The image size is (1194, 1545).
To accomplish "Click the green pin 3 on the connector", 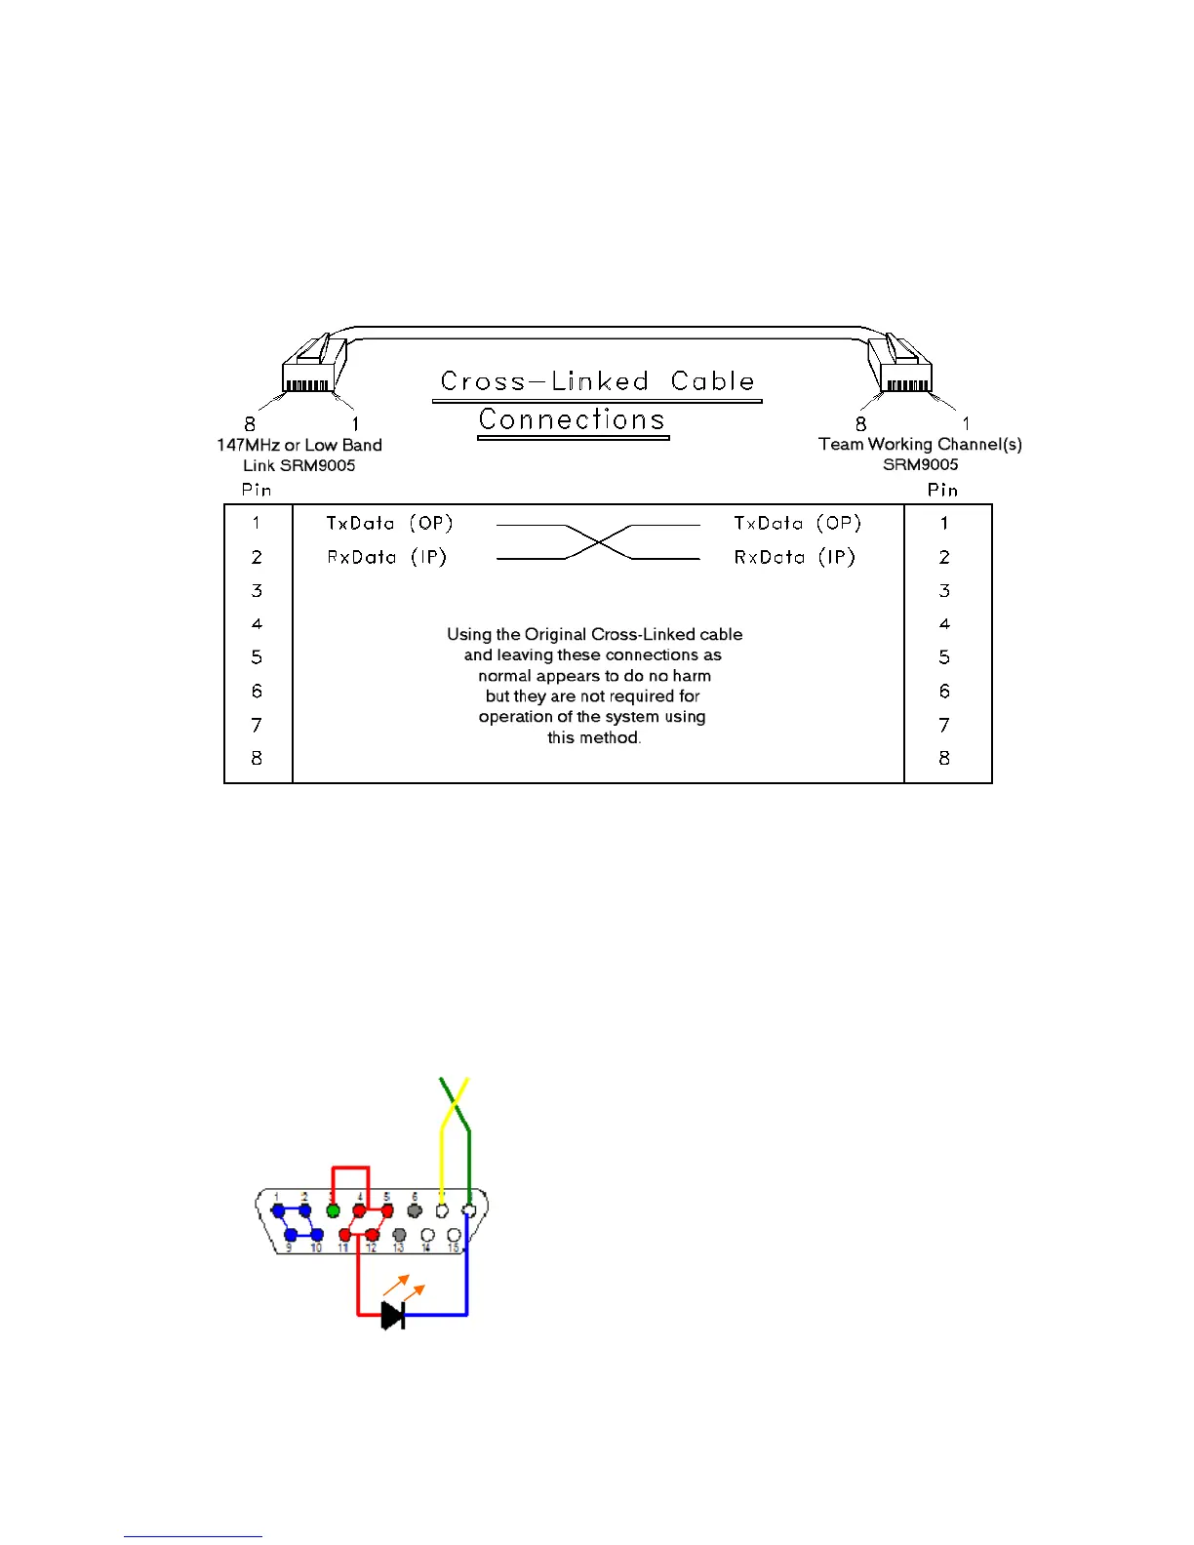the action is [x=333, y=1210].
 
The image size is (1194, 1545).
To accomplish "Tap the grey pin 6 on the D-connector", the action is [x=415, y=1210].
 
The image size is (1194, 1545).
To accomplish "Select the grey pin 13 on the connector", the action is [x=399, y=1235].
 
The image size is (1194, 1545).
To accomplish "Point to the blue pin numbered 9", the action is [x=291, y=1235].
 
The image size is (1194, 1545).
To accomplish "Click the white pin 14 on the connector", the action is [x=427, y=1235].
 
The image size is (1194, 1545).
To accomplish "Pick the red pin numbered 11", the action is [x=344, y=1235].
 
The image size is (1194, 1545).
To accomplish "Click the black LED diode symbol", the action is [x=392, y=1316].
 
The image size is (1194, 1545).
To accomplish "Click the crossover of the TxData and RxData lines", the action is [x=599, y=541].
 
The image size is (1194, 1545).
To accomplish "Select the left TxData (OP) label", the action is [x=389, y=524].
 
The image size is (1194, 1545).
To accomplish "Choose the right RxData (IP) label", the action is [x=794, y=557].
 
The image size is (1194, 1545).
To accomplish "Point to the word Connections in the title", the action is [x=572, y=419].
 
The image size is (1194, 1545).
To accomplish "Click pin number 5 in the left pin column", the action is [x=257, y=657].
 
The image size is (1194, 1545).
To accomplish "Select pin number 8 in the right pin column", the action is [x=944, y=758].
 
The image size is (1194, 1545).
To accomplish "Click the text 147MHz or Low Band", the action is [x=299, y=445].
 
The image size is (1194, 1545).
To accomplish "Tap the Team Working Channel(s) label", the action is [x=920, y=444].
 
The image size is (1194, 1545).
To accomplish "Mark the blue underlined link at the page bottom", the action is [x=193, y=1536].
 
